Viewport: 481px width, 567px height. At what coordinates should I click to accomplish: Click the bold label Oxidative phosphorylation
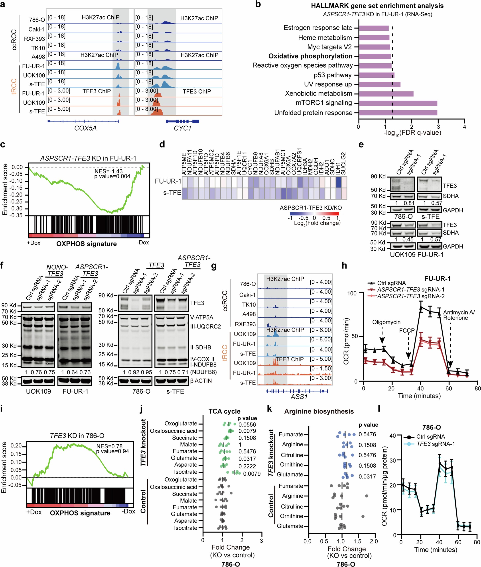point(310,56)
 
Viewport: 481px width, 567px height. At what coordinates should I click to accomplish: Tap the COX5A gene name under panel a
point(85,128)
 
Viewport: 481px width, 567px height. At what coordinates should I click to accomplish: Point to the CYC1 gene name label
point(182,128)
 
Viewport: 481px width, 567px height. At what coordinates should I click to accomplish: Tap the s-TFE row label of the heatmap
point(172,193)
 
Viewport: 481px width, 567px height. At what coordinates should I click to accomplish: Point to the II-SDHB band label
point(201,347)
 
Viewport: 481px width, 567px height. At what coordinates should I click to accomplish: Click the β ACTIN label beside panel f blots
point(201,381)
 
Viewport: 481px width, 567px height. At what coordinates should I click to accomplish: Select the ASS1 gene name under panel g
point(299,397)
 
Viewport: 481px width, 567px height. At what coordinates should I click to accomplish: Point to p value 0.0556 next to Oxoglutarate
point(247,424)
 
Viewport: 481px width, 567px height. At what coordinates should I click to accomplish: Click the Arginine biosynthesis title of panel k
point(319,411)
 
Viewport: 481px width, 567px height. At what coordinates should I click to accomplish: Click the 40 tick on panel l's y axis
point(392,436)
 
